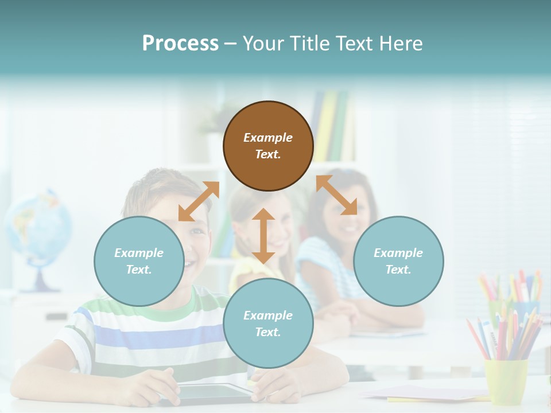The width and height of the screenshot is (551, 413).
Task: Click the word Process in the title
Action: [180, 43]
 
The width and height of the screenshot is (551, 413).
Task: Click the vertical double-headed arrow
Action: [263, 236]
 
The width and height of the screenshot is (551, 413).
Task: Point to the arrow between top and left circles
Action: [199, 201]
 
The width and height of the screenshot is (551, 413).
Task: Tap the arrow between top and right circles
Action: [336, 195]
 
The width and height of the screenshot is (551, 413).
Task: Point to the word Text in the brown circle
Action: [268, 154]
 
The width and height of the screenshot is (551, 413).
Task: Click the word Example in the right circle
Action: [398, 253]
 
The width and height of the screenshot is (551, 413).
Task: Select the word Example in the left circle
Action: [139, 253]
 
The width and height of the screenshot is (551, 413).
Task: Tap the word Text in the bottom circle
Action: [268, 332]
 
